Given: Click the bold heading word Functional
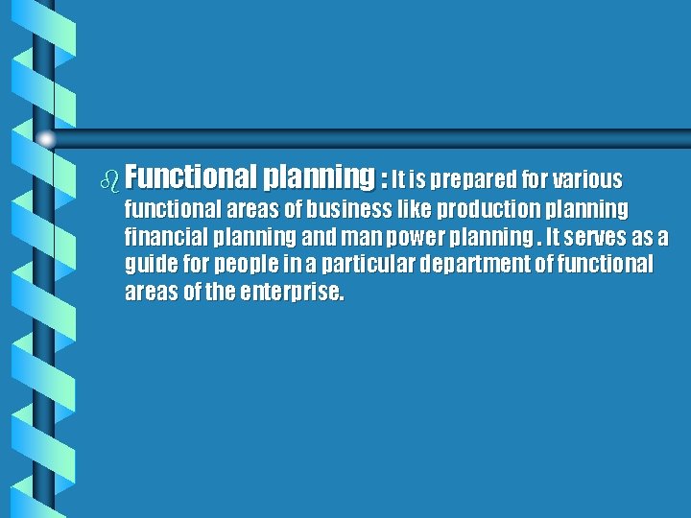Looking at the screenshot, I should [x=189, y=177].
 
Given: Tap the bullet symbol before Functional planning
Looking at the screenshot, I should [x=112, y=179].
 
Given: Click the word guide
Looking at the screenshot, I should [x=150, y=265].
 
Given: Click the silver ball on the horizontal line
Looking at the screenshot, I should [x=47, y=140].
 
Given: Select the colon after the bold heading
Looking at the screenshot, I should [x=384, y=179].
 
